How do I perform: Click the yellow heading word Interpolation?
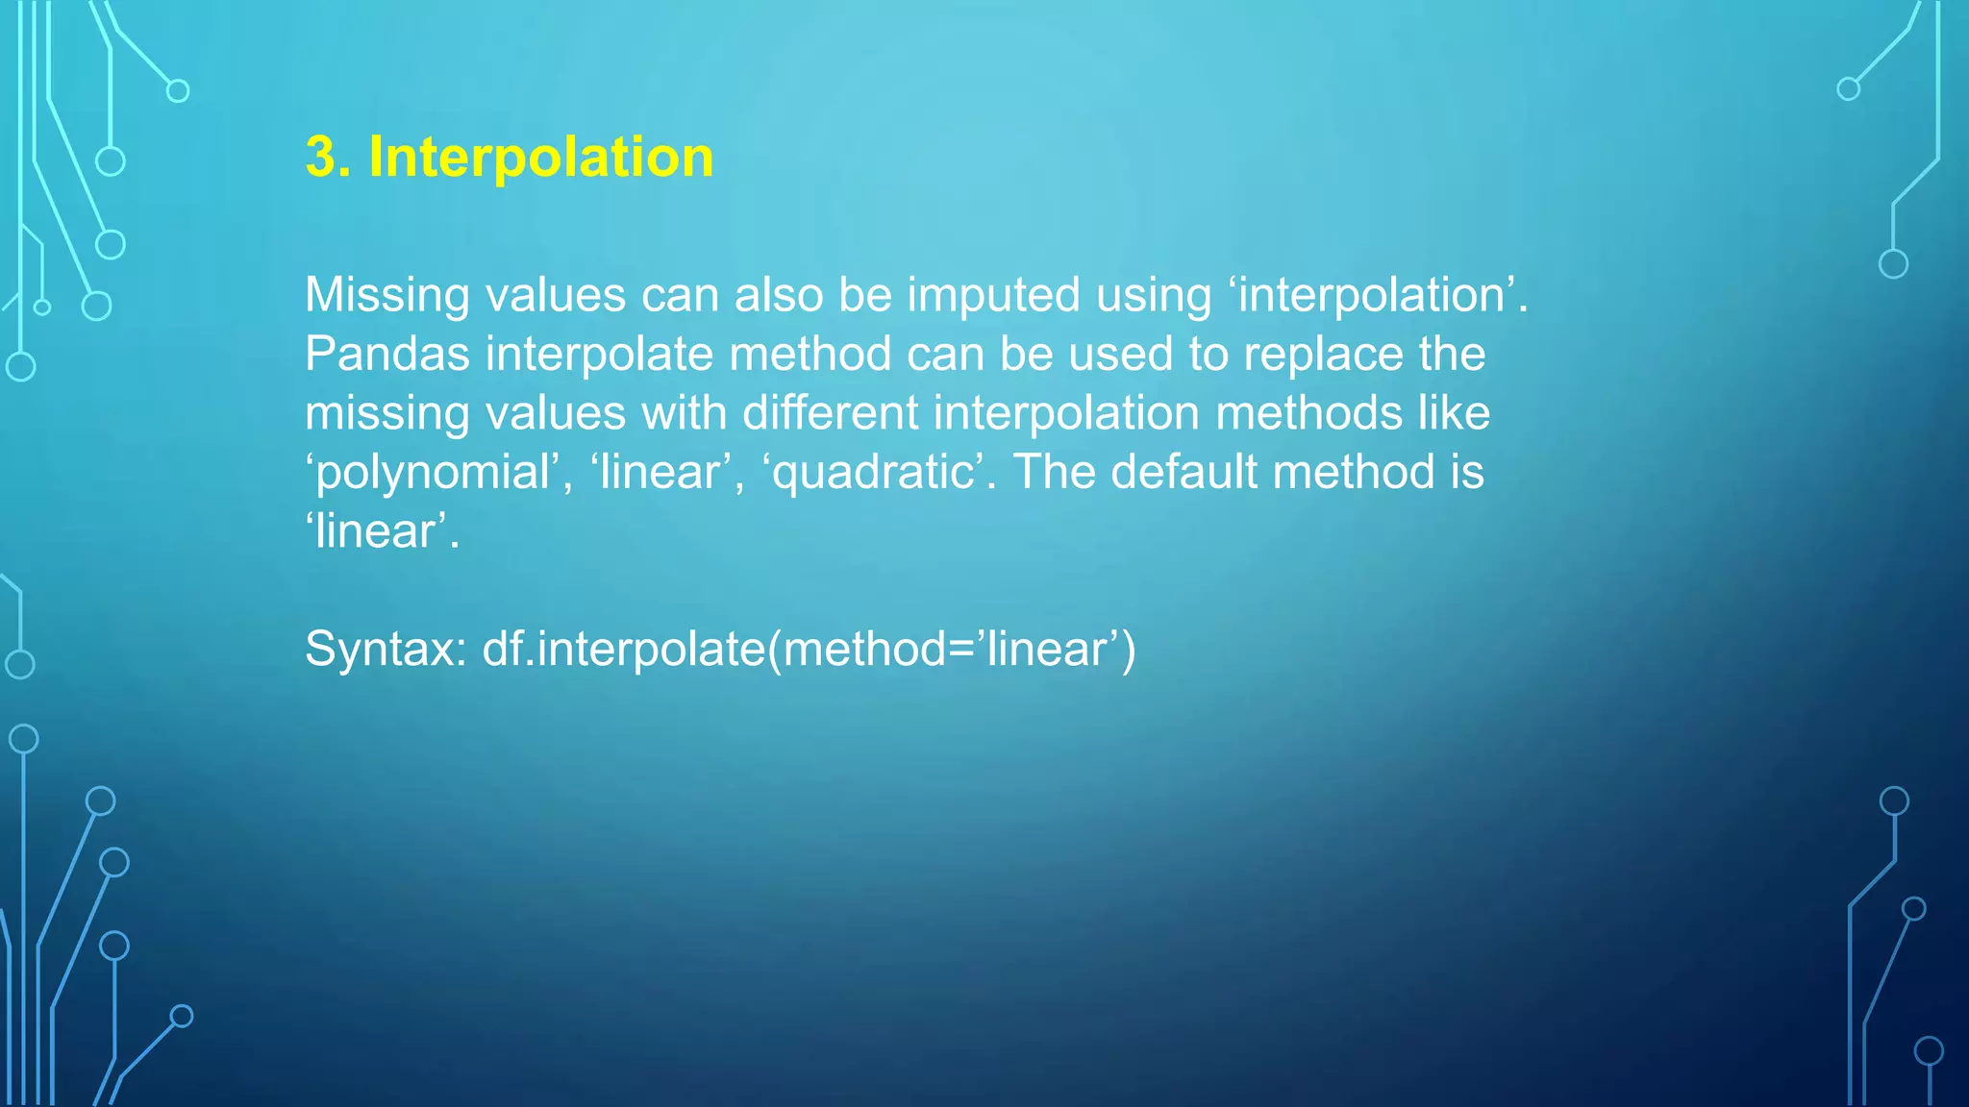[540, 157]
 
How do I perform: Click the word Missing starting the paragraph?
[386, 295]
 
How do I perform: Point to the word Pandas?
[387, 354]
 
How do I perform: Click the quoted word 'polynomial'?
[437, 473]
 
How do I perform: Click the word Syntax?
[386, 650]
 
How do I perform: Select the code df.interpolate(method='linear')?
[809, 650]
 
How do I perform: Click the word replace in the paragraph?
[1323, 354]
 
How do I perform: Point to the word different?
[830, 413]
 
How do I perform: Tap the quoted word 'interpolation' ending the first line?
[1377, 295]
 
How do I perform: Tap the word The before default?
[1054, 472]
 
